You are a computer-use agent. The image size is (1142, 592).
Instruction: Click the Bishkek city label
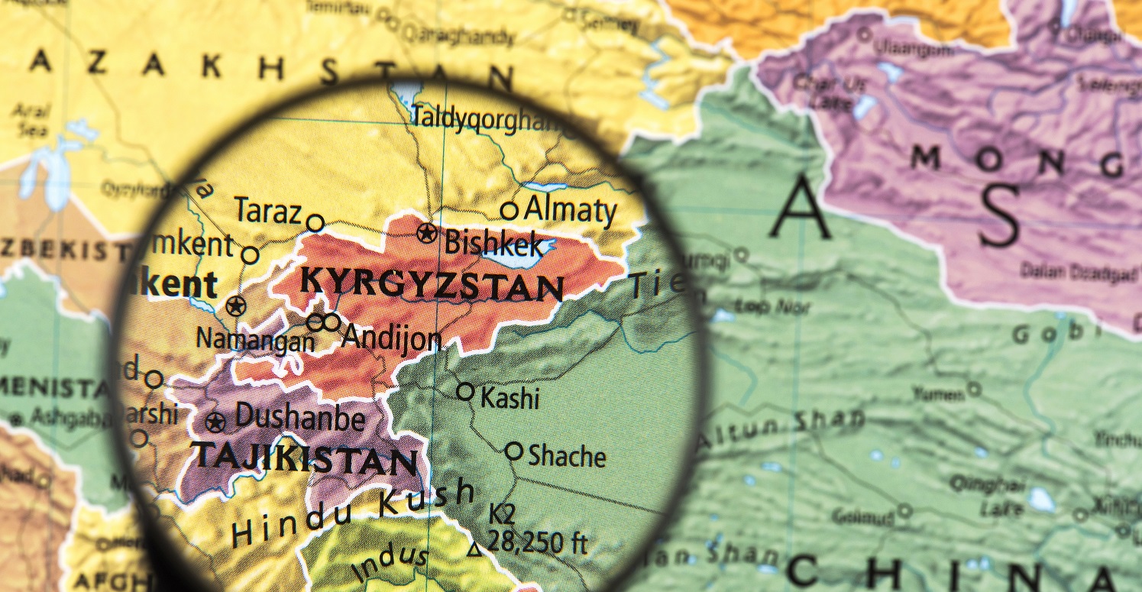[x=494, y=244]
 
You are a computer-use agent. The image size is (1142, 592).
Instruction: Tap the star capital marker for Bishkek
[x=427, y=233]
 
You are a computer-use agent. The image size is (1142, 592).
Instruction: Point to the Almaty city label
[x=570, y=209]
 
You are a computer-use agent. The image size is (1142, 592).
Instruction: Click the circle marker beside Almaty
[x=509, y=210]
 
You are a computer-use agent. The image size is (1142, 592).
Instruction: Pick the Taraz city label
[x=267, y=211]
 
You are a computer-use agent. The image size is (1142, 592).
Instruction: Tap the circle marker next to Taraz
[x=315, y=223]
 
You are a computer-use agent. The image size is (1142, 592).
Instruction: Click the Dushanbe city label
[x=299, y=418]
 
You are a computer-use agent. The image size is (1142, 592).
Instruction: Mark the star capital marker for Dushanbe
[x=216, y=422]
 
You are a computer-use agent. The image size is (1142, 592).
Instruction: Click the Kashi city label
[x=510, y=397]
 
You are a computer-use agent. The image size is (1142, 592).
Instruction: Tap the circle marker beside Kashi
[x=465, y=391]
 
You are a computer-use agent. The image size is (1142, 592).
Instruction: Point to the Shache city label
[x=567, y=456]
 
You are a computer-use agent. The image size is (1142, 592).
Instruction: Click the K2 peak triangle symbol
[x=475, y=548]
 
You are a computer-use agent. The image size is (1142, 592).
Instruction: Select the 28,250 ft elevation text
[x=538, y=542]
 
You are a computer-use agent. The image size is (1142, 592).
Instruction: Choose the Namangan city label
[x=255, y=338]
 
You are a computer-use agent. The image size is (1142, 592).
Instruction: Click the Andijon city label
[x=391, y=337]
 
